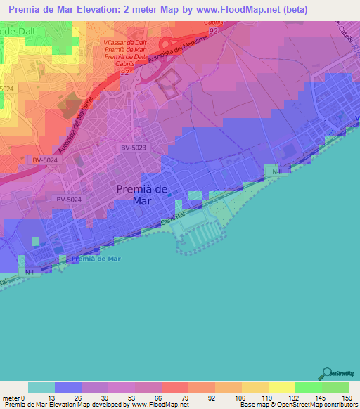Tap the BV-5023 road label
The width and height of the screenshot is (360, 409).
134,148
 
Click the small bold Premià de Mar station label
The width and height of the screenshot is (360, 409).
96,259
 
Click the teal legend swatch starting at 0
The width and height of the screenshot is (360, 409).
41,387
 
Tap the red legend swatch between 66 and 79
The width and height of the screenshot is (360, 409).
174,387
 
